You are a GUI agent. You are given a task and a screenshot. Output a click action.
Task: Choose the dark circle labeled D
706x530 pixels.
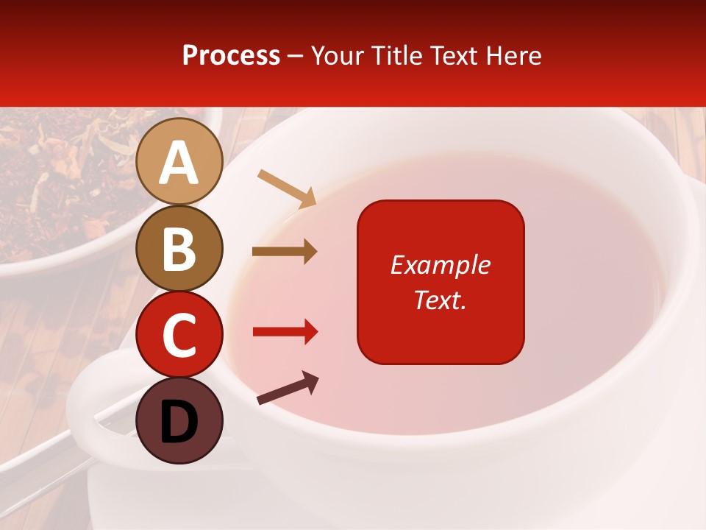tap(179, 420)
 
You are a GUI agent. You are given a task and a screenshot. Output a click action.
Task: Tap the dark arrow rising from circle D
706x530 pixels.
tap(288, 388)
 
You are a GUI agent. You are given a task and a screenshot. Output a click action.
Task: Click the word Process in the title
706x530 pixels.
tap(231, 56)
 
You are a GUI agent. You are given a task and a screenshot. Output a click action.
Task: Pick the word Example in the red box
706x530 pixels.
tap(440, 265)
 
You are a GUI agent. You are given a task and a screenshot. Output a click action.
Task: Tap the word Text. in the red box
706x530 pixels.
tap(440, 300)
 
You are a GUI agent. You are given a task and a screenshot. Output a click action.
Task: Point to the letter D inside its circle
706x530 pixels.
tap(179, 421)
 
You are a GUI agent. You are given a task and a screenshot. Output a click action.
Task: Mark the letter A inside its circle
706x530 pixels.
tap(179, 163)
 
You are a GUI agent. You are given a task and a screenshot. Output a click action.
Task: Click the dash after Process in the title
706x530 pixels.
tap(296, 57)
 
